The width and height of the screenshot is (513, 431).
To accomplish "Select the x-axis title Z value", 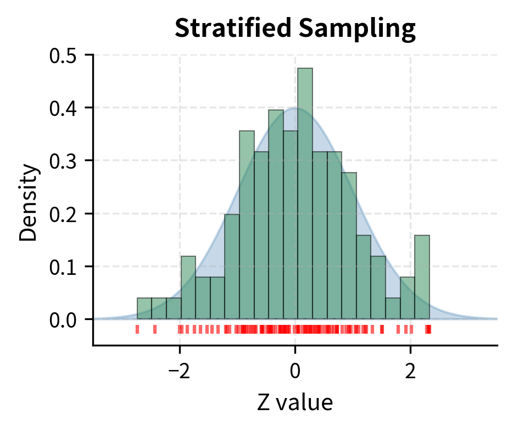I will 295,403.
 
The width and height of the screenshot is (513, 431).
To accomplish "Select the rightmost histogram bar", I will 422,277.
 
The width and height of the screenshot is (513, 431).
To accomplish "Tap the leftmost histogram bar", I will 144,308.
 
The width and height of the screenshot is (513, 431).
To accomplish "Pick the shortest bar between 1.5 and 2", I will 393,308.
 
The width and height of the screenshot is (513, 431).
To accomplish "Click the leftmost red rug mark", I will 137,329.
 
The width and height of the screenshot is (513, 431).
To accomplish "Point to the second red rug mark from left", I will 155,329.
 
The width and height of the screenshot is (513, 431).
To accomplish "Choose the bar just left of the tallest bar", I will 291,225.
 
